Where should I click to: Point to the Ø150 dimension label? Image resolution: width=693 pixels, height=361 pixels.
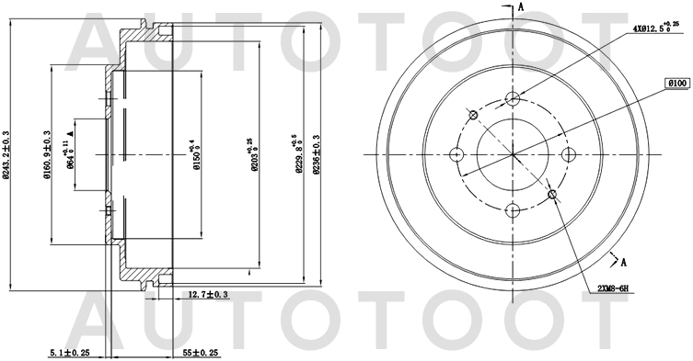coord(194,153)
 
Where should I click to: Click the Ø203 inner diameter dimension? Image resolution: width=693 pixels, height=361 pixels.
coord(250,152)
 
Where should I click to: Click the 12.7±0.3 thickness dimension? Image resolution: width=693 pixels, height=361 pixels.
coord(208,294)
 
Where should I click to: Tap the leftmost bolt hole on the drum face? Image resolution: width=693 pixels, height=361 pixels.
coord(456,154)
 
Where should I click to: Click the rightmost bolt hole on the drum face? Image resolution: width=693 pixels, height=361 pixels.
coord(568,154)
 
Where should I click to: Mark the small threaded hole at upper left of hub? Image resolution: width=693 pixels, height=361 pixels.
coord(473,115)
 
